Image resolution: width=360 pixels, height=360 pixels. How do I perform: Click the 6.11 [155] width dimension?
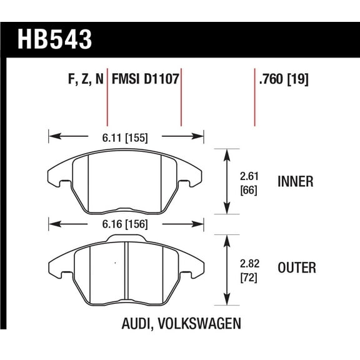(126, 137)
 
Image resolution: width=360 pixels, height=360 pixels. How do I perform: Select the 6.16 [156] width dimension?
(126, 223)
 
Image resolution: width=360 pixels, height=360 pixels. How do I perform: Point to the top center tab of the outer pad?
(126, 238)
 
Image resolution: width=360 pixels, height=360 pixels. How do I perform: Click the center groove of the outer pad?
(126, 269)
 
